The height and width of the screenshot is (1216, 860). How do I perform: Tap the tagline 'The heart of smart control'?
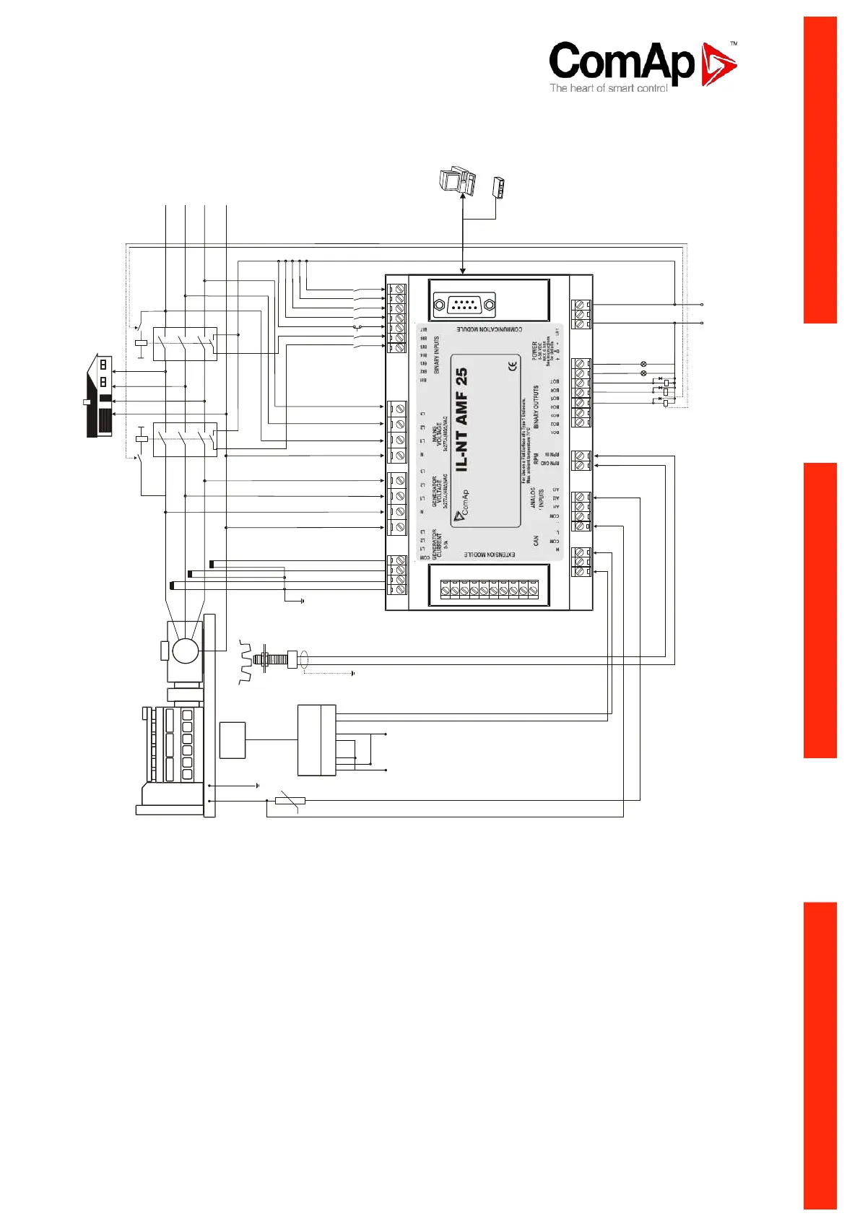[x=608, y=88]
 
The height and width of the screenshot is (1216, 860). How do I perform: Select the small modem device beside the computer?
[x=498, y=187]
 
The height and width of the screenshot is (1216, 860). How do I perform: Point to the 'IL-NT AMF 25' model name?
[x=461, y=419]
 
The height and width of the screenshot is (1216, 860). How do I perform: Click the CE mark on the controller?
[x=513, y=366]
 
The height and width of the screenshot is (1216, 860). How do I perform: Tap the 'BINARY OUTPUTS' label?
[x=537, y=407]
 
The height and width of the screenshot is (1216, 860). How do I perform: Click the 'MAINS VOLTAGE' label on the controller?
[x=439, y=438]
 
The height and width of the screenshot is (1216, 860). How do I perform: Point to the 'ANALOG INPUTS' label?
[x=537, y=498]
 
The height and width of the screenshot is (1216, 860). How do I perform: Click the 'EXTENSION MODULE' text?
[x=489, y=555]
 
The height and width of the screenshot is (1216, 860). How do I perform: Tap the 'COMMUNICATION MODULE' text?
[x=489, y=329]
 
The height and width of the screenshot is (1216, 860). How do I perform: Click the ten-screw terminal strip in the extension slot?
[x=490, y=589]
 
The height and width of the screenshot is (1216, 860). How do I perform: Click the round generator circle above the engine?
[x=186, y=651]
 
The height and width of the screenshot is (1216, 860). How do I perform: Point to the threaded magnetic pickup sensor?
[x=278, y=659]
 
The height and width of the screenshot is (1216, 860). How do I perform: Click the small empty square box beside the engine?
[x=232, y=739]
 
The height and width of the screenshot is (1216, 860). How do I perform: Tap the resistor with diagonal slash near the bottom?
[x=290, y=800]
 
